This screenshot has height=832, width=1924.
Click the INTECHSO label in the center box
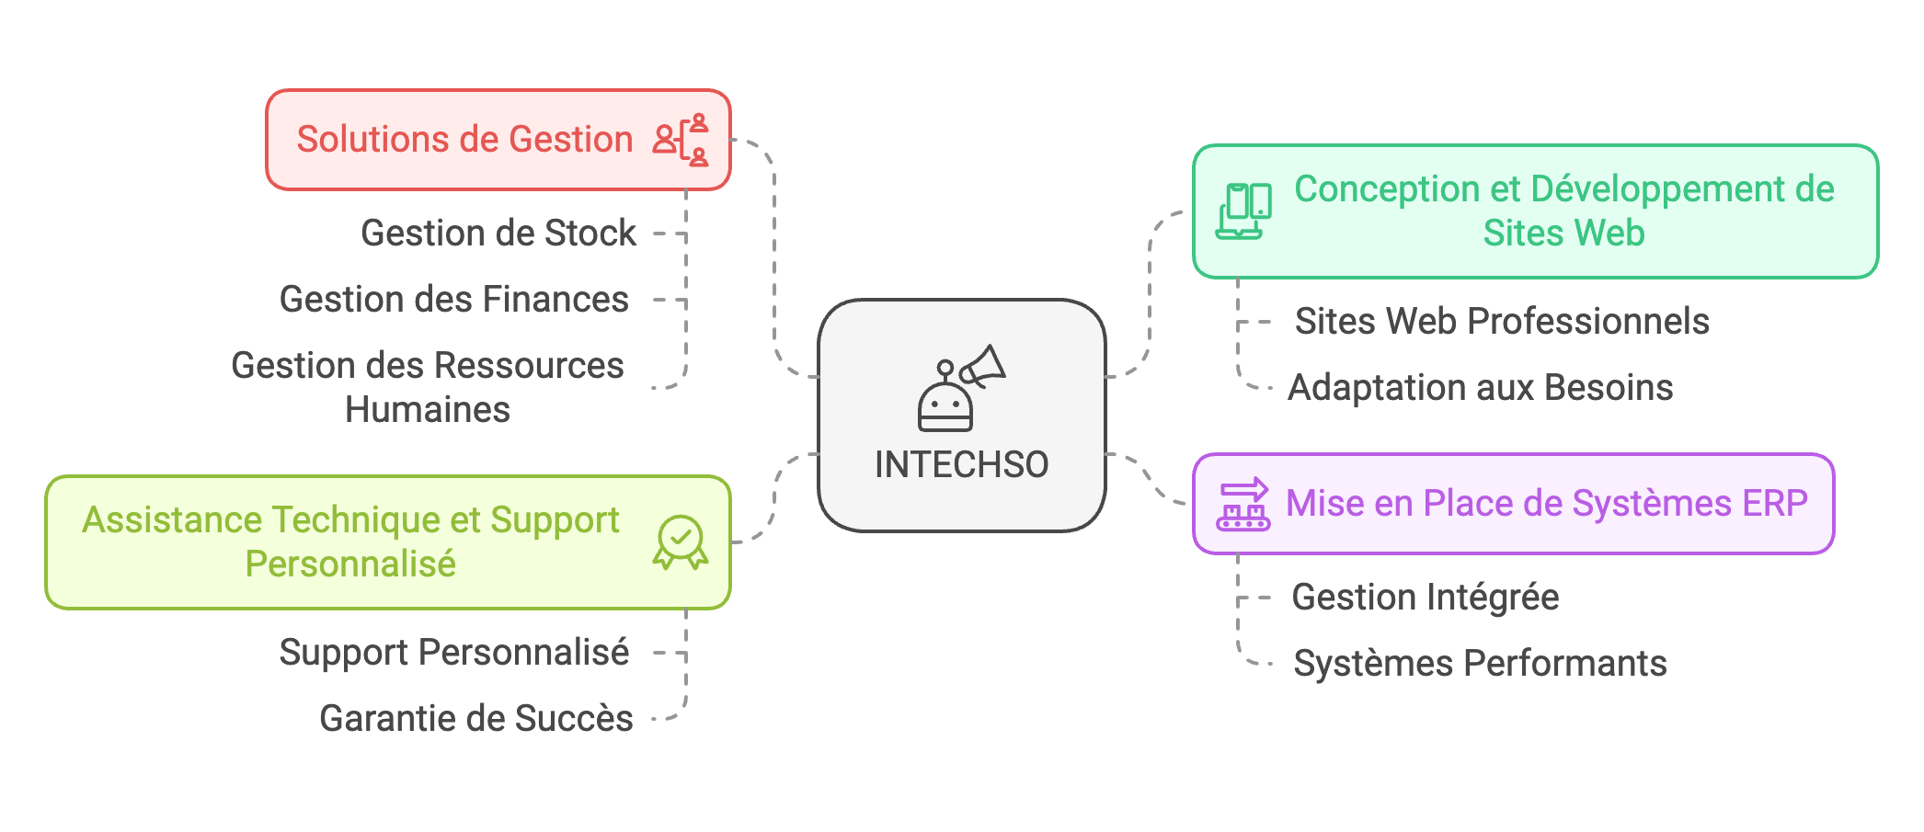(961, 464)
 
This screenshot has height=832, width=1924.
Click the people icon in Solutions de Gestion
(681, 140)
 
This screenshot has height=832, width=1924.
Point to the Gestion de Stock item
(498, 234)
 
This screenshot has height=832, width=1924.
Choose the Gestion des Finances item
(453, 300)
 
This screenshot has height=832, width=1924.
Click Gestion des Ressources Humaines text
(427, 387)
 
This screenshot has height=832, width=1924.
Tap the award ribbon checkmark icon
(681, 542)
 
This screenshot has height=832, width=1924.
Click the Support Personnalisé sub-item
(453, 653)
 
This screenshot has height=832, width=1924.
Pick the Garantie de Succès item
(475, 719)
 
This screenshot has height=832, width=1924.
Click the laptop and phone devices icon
(1243, 211)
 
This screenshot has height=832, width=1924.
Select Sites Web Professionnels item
(1502, 322)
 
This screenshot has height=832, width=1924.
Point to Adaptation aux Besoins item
(1480, 388)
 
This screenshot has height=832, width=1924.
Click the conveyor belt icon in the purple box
(1243, 505)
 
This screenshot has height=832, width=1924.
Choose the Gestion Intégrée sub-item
(1425, 598)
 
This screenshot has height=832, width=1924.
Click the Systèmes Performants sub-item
(1480, 664)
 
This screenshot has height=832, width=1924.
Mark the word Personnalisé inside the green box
(350, 564)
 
